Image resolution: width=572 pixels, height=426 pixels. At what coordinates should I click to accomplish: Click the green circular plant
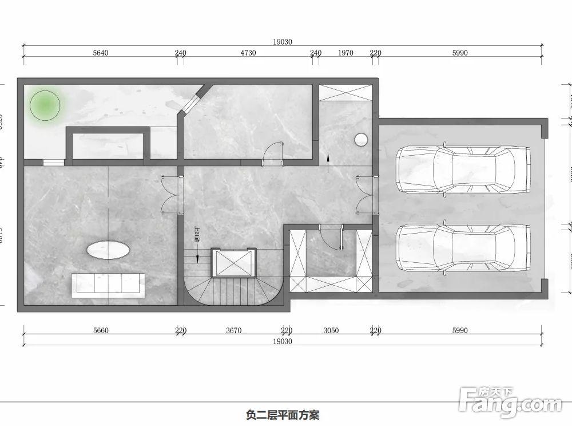tap(46, 105)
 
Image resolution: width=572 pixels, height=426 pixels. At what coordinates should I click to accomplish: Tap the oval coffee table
tap(108, 250)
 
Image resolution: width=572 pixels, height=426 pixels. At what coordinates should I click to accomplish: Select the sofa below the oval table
tap(108, 285)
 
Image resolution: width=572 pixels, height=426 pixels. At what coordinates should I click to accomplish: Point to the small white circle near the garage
tap(361, 139)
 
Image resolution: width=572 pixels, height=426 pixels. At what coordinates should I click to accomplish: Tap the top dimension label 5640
tap(100, 53)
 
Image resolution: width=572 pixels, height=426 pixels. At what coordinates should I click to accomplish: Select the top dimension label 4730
tap(248, 53)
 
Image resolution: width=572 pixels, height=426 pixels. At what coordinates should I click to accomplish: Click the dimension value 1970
tap(345, 53)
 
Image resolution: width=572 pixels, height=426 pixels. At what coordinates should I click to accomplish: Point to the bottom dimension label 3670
tap(233, 330)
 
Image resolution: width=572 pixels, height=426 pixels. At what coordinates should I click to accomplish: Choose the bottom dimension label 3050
tap(331, 330)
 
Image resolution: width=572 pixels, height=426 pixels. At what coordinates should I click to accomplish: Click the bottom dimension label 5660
tap(100, 330)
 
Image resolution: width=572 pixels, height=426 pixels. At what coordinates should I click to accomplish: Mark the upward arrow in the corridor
tap(328, 162)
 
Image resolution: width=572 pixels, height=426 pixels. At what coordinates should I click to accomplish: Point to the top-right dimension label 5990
tap(460, 53)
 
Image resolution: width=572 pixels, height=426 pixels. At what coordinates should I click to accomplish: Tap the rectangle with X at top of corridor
tap(345, 93)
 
